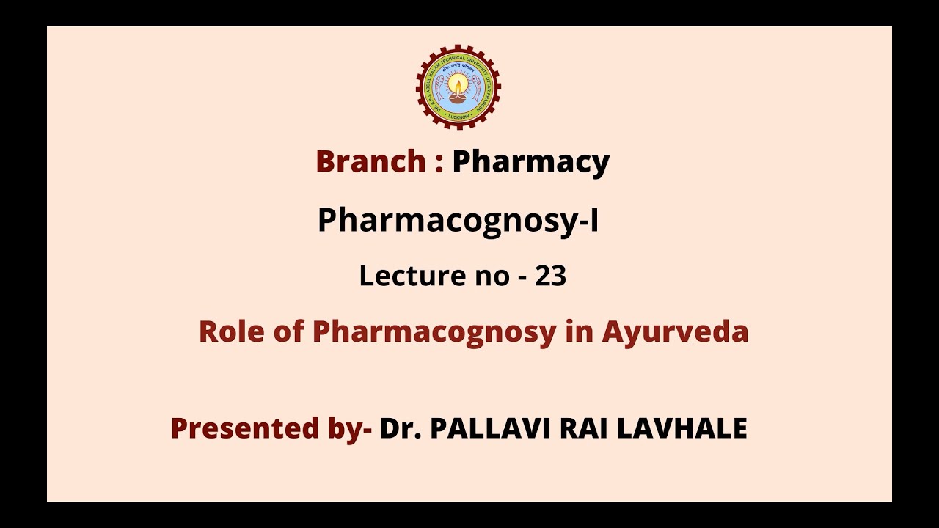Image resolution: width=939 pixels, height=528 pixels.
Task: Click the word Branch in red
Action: (x=370, y=161)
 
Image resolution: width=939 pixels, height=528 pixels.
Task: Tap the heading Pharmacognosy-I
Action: (x=458, y=221)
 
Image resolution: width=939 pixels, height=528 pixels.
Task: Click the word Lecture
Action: (x=408, y=276)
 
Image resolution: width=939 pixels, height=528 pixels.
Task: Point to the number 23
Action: (x=550, y=276)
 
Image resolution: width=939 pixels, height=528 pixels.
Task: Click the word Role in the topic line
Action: (x=225, y=332)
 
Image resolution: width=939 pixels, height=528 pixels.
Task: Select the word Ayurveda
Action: (x=675, y=332)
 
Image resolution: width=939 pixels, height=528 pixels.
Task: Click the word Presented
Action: (x=237, y=428)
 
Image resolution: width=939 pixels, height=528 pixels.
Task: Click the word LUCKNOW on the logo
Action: (x=458, y=116)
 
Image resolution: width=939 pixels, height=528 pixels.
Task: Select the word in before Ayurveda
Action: (x=579, y=332)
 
